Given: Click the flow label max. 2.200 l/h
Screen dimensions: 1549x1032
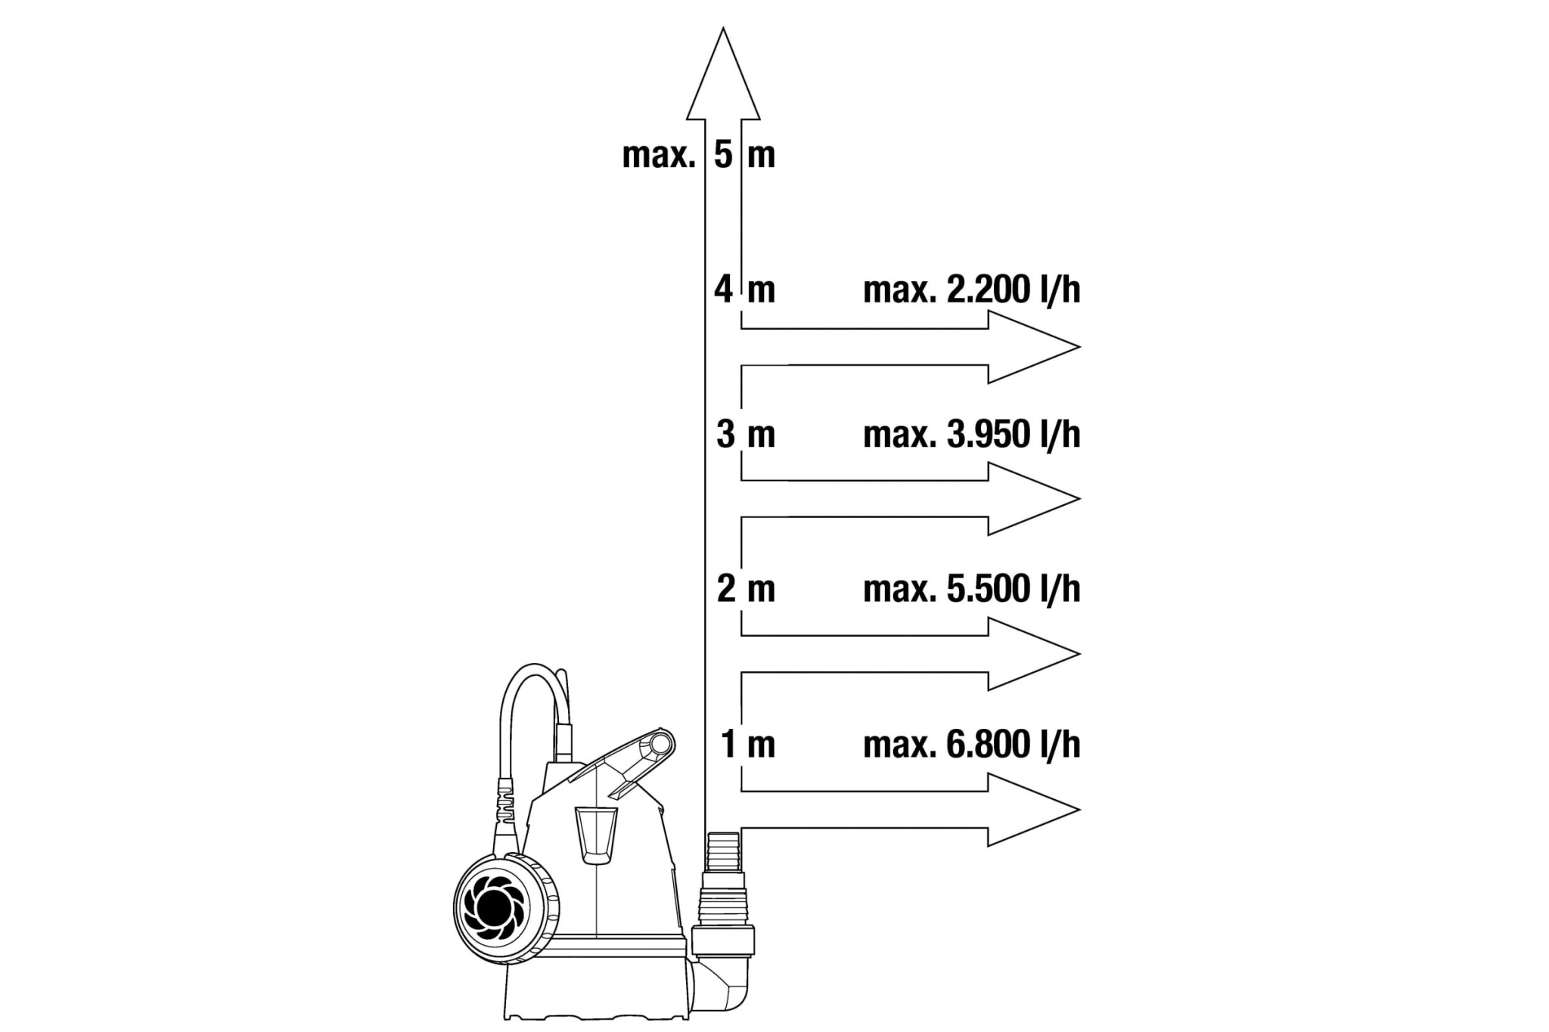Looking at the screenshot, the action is (972, 290).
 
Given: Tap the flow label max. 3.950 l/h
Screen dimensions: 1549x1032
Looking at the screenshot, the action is (972, 435).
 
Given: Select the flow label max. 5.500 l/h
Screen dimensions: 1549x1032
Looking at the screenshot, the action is (972, 589).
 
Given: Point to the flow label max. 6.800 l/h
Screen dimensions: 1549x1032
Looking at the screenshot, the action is (972, 745).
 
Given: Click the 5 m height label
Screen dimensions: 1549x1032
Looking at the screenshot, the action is (745, 155).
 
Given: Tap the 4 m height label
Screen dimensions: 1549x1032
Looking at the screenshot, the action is (745, 290).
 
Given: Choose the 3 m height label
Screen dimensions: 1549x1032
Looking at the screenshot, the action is (746, 435).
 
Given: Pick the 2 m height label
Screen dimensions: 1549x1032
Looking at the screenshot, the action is (746, 589).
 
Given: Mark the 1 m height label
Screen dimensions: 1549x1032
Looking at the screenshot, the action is (748, 745).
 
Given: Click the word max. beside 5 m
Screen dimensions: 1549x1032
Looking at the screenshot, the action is (658, 156).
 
